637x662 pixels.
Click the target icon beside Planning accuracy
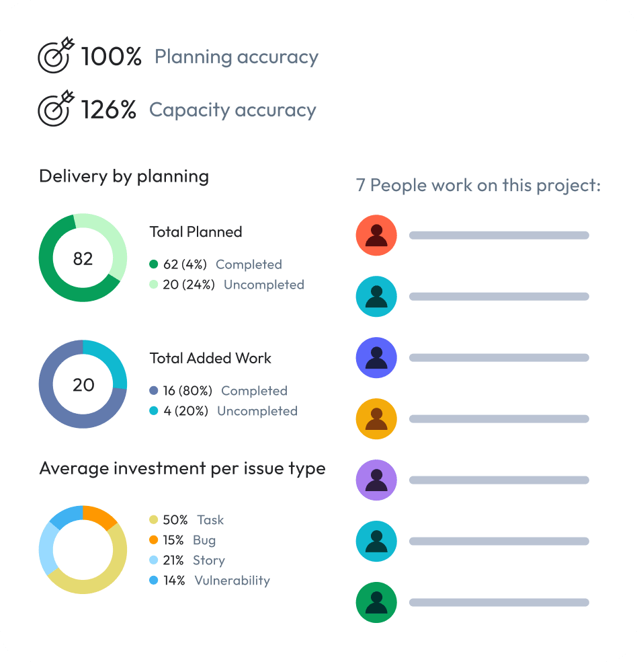point(55,55)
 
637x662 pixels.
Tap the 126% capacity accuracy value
point(109,110)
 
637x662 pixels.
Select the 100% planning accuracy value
point(111,57)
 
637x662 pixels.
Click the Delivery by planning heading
point(124,176)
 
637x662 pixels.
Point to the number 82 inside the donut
point(83,258)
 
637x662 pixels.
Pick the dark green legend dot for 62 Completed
point(154,264)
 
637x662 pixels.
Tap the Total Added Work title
point(210,358)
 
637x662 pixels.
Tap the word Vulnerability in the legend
point(232,581)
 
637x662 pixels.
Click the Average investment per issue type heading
point(182,468)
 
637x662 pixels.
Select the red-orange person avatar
point(376,235)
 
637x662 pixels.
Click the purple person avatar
point(376,480)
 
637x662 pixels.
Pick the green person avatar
point(376,602)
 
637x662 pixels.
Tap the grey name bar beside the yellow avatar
point(499,419)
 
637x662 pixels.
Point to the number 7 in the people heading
point(361,185)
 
